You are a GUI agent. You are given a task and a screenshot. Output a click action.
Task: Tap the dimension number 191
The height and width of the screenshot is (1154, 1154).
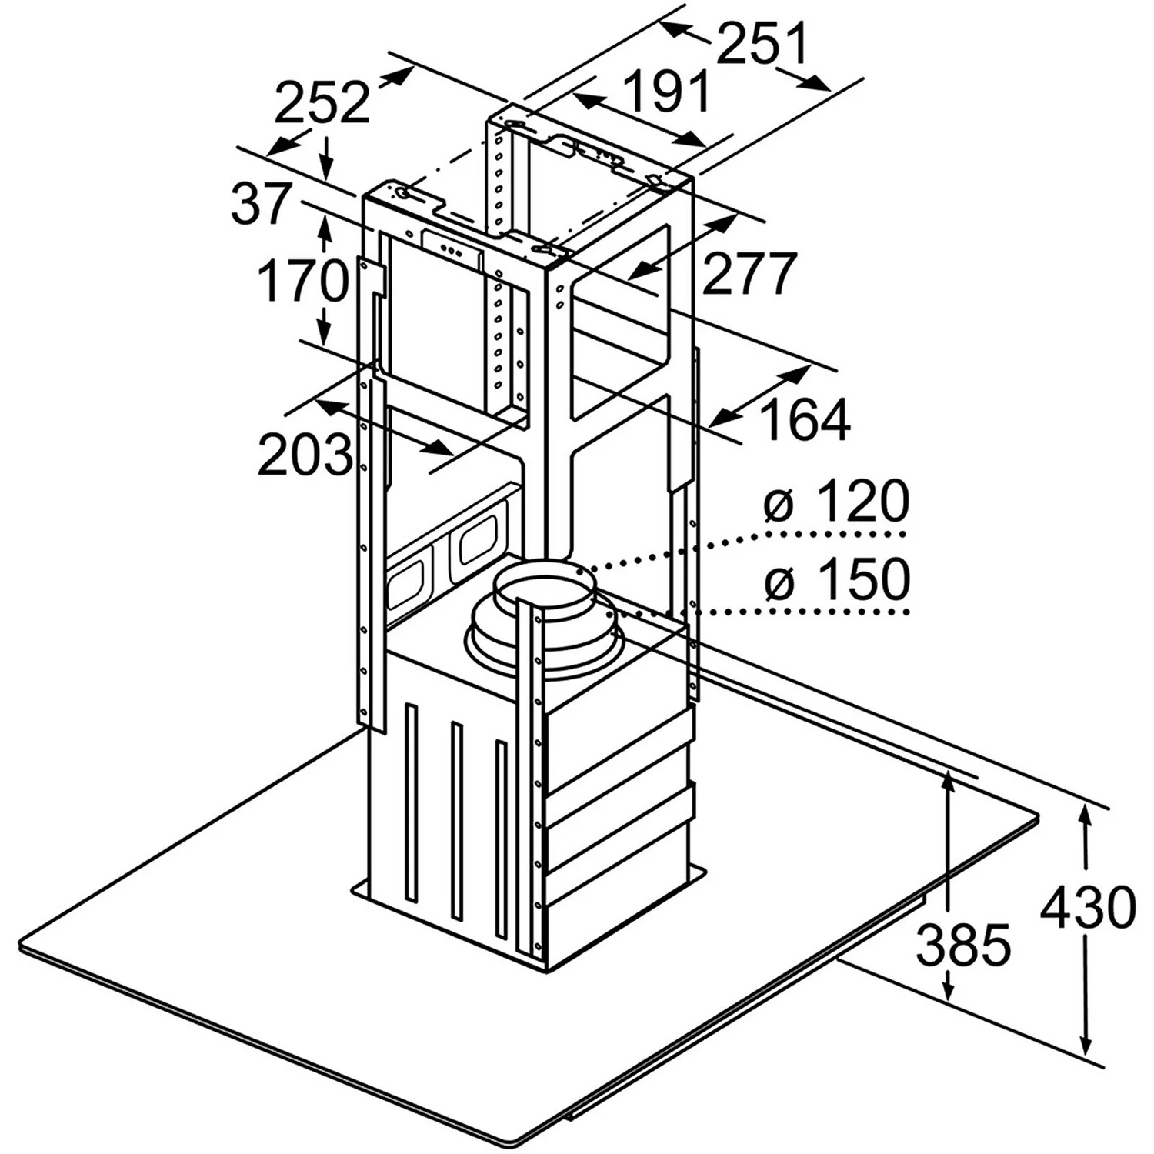coord(666,92)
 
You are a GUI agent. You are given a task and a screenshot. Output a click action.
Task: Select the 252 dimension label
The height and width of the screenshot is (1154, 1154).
coord(322,103)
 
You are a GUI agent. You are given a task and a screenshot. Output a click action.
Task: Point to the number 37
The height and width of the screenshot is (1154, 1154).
coord(262,204)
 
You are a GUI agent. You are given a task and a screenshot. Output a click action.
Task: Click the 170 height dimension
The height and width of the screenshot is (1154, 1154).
coord(302,281)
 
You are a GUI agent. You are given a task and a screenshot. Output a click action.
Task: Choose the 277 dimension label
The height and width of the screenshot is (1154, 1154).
coord(748,273)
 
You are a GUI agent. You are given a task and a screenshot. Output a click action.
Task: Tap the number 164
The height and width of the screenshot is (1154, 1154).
coord(805,419)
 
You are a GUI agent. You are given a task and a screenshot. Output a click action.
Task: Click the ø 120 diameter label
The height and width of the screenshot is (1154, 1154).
coord(836,502)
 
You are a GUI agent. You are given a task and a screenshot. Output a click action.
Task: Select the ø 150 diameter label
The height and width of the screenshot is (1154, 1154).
coord(836,580)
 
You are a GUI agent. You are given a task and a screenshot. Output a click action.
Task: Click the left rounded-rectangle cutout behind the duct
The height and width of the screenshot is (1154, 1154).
coord(406,582)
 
